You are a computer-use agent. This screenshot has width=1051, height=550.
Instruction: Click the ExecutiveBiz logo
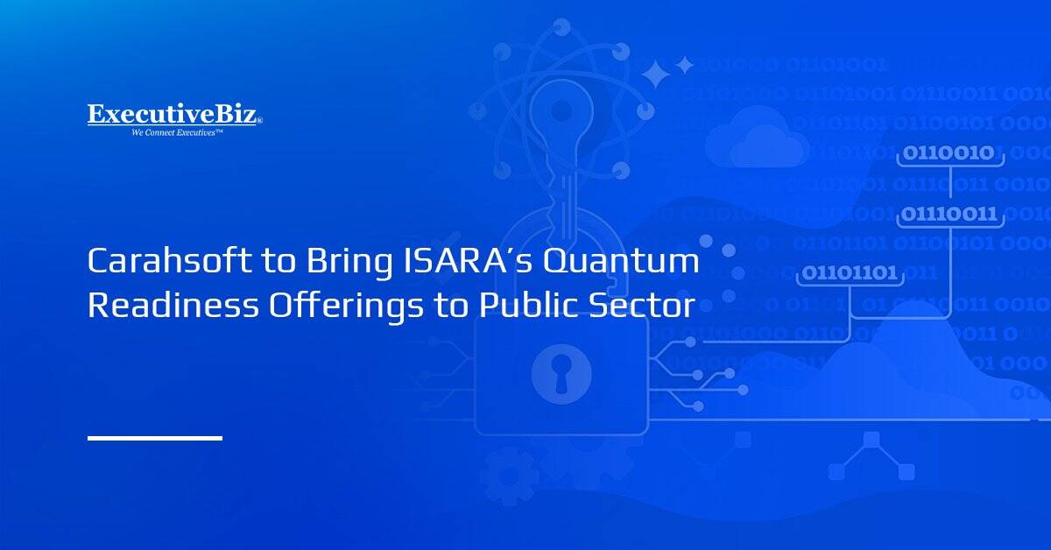[173, 115]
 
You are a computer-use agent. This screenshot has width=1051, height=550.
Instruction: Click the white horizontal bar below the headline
[155, 437]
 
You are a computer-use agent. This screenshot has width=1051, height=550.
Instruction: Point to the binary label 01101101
[850, 273]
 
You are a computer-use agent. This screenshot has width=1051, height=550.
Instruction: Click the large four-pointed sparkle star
[655, 75]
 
